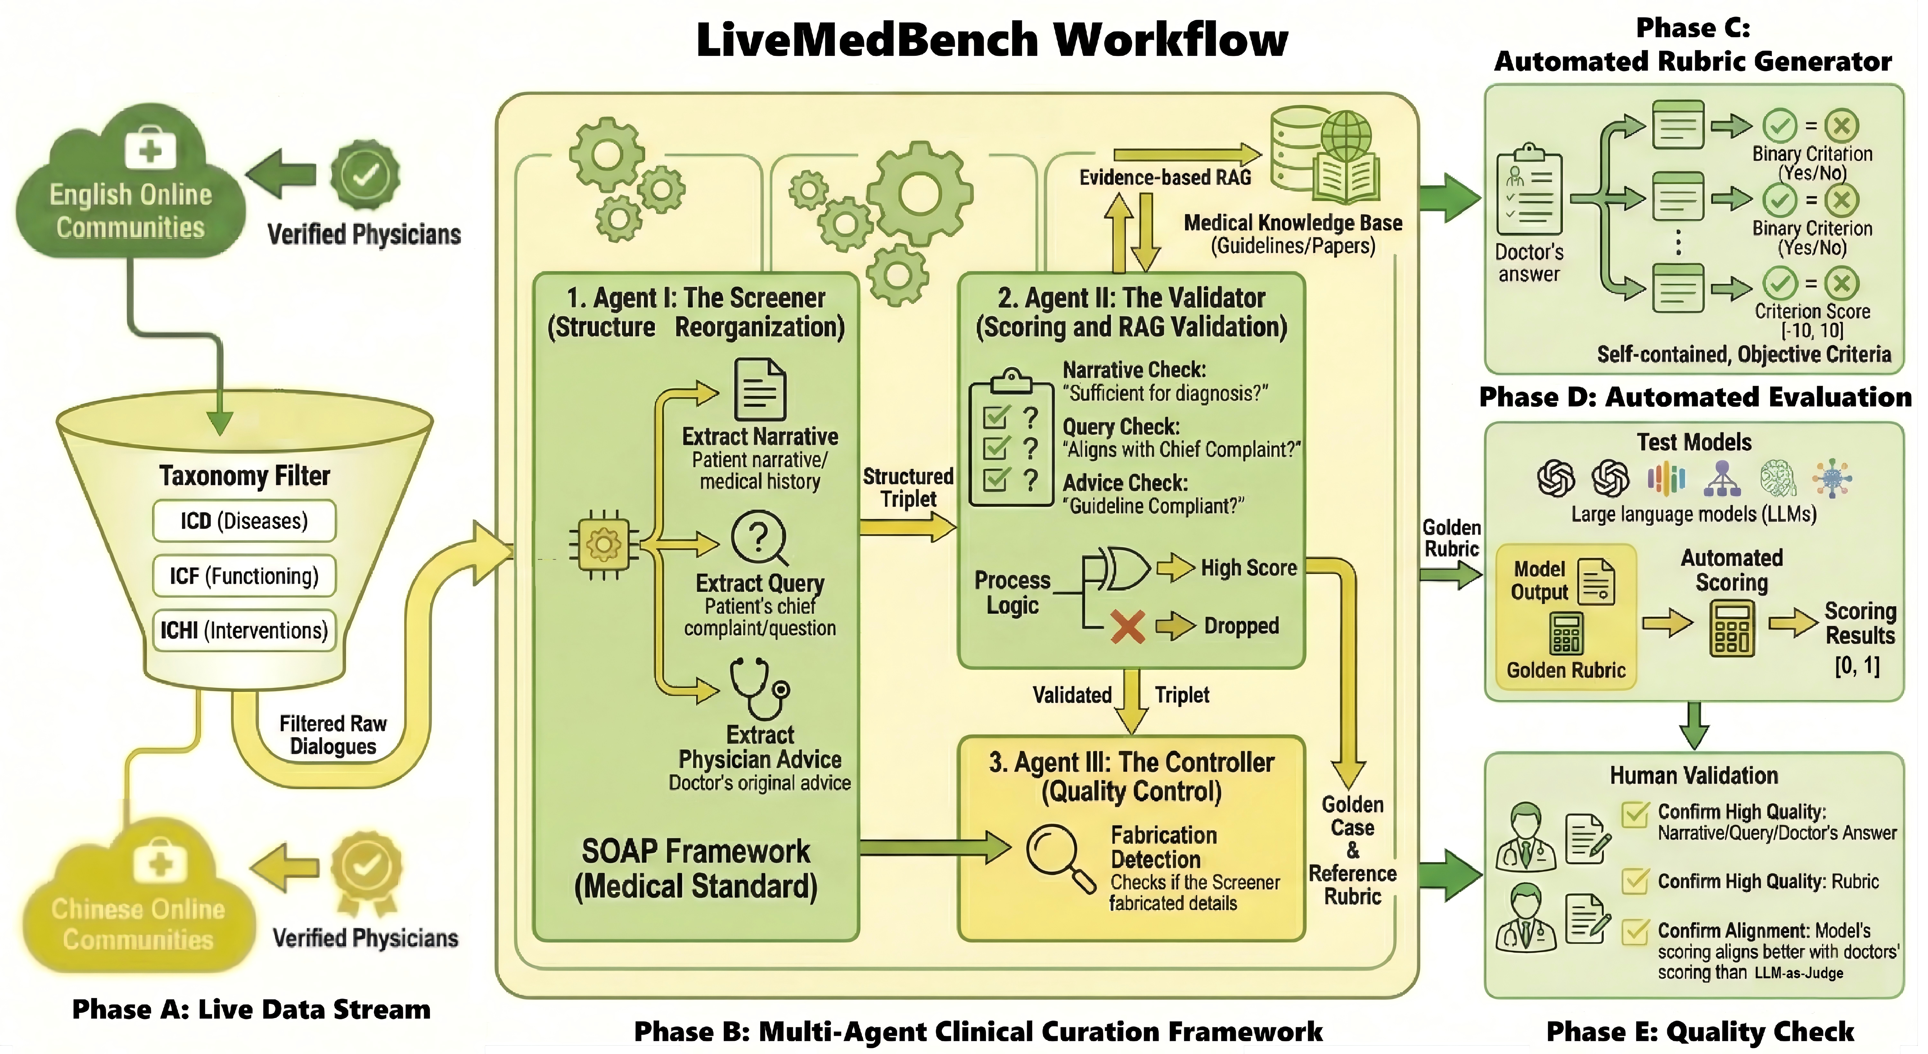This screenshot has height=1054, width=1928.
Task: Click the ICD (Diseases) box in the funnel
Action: (244, 521)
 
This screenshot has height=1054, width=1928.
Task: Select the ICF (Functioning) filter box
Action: (244, 576)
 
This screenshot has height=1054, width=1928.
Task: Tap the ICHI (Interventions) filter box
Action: (244, 630)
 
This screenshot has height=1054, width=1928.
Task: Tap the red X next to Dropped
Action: (1127, 626)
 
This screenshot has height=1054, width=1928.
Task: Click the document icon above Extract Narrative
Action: (760, 389)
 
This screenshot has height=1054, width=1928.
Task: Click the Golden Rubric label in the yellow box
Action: (1566, 670)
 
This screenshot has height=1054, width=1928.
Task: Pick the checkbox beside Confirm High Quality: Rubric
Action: (1635, 881)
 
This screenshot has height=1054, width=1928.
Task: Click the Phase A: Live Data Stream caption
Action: (251, 1009)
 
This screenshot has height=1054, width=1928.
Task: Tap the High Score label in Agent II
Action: (1248, 568)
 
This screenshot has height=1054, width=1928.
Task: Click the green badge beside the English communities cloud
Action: (365, 175)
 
